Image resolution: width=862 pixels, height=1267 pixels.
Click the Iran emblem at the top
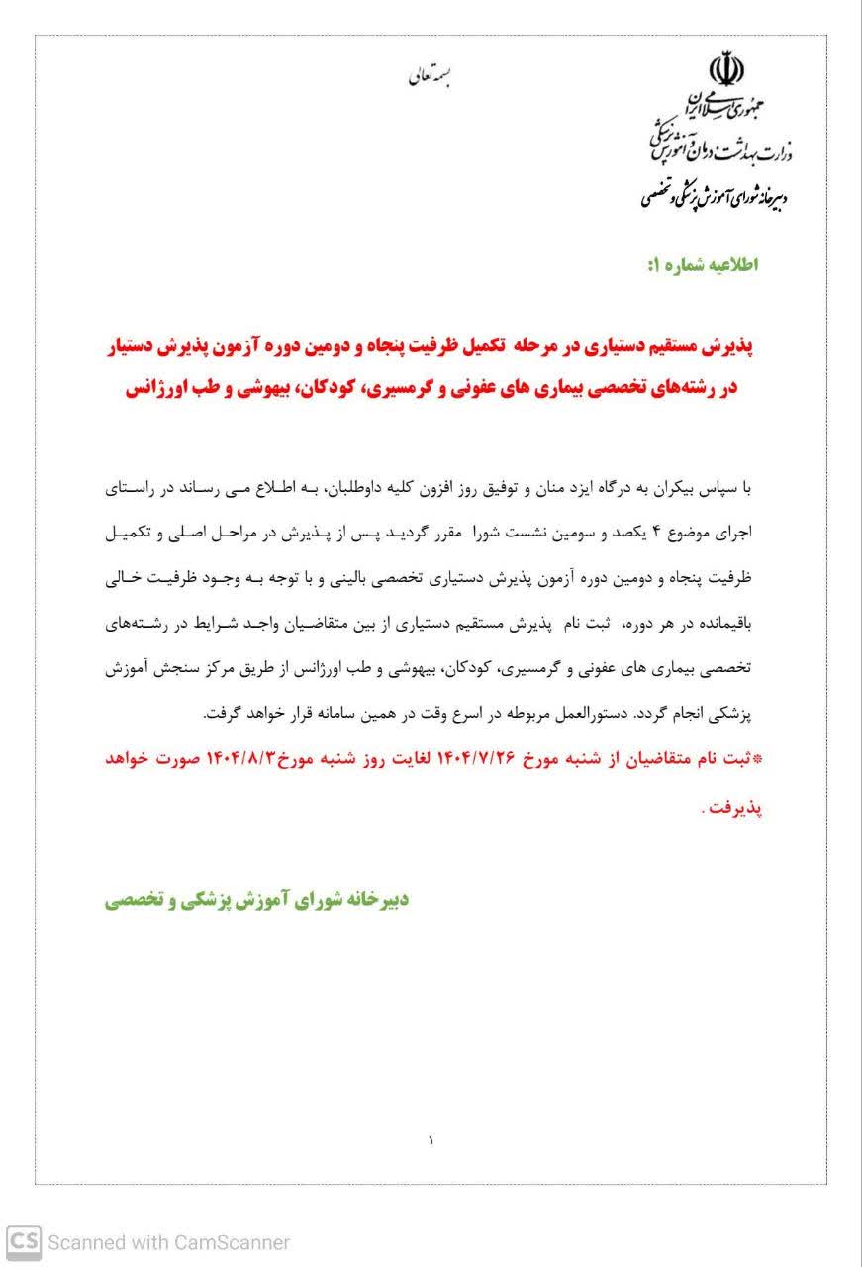727,68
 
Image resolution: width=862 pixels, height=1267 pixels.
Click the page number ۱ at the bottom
431,1141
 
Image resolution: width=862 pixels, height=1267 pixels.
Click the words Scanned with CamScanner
169,1241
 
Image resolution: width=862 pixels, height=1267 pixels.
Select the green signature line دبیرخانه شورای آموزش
257,900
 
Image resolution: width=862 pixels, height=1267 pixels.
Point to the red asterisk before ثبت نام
760,759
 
